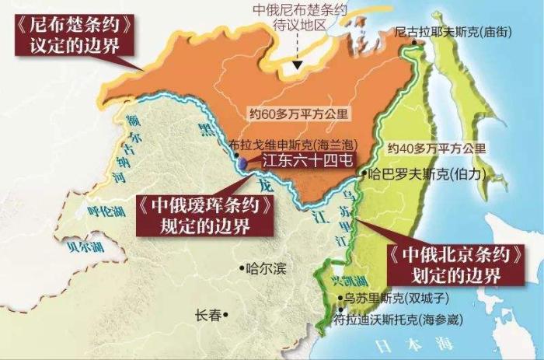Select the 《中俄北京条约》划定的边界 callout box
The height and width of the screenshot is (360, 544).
tap(452, 264)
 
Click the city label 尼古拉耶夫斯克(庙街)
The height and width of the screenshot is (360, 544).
tap(451, 33)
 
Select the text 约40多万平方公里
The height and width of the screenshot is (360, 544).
tap(436, 147)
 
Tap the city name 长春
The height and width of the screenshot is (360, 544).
tap(207, 315)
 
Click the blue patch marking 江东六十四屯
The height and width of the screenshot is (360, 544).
tap(243, 163)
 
